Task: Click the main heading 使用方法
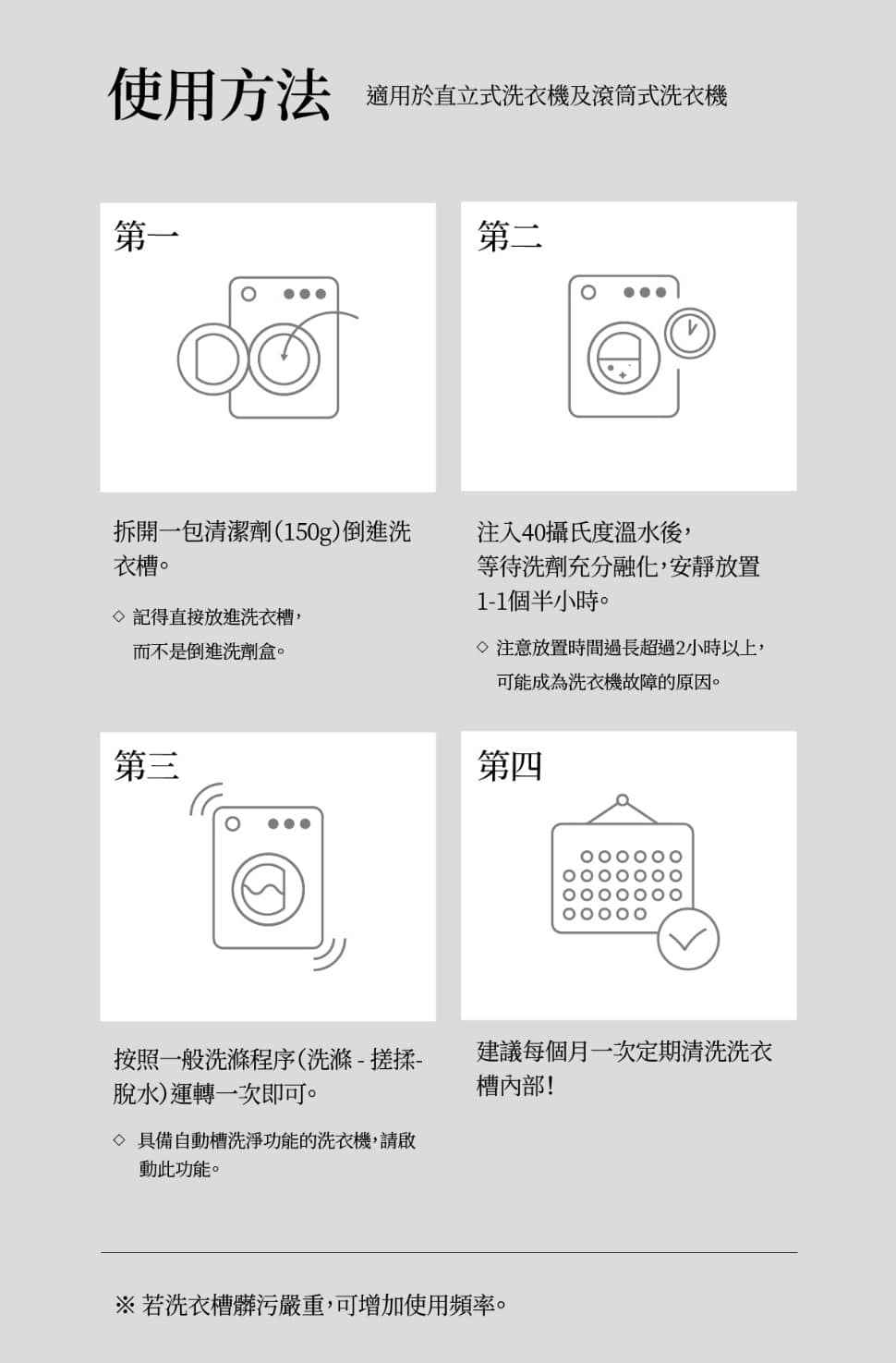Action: (219, 94)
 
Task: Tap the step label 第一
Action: (146, 236)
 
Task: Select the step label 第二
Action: (509, 236)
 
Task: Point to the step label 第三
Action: (146, 765)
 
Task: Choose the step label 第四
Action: (509, 765)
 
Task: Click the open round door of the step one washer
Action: (179, 359)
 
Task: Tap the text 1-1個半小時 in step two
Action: (542, 602)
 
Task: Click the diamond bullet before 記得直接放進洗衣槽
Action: (119, 616)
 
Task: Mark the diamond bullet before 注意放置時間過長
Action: (482, 647)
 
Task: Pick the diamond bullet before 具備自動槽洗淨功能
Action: (119, 1139)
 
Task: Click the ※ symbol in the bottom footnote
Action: (125, 1305)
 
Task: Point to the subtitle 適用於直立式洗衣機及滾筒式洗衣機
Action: (546, 95)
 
